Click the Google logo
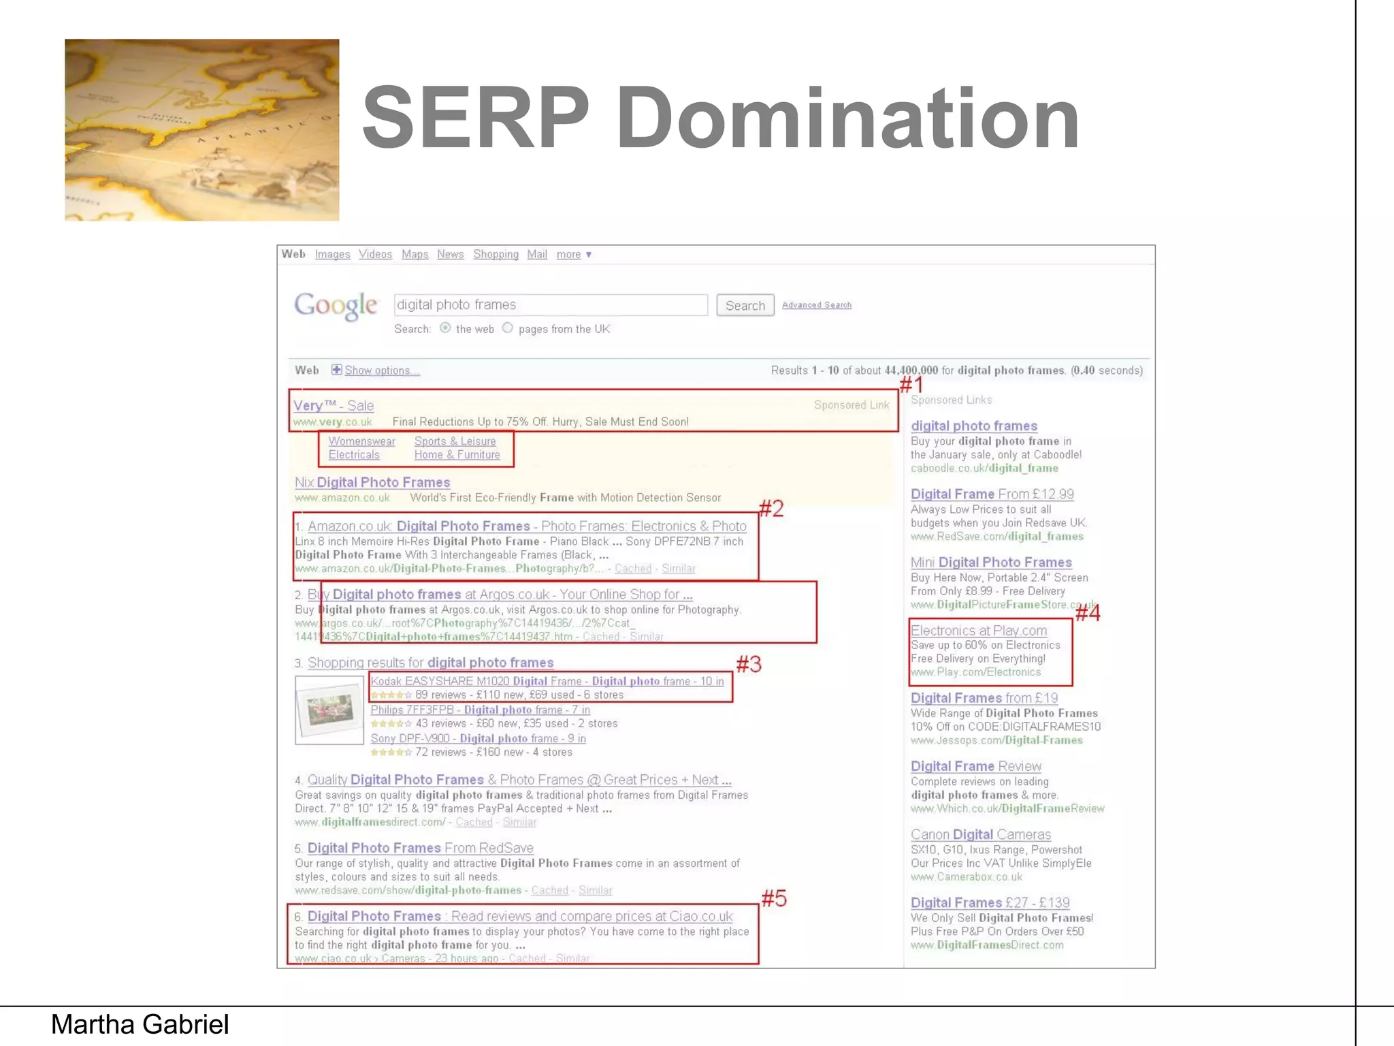point(336,306)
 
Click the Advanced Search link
point(816,305)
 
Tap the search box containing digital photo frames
point(550,305)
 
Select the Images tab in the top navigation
point(332,255)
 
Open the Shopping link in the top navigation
point(496,255)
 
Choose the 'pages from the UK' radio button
point(508,328)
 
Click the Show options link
point(381,370)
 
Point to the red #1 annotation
point(911,385)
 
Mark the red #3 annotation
point(749,664)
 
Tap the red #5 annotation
point(774,899)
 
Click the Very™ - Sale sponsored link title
point(334,406)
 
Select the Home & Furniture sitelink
point(457,455)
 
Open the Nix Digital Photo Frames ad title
point(372,483)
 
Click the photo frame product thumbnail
point(329,710)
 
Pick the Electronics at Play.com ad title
point(979,631)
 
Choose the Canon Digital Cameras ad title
point(981,835)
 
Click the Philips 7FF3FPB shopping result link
point(480,710)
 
